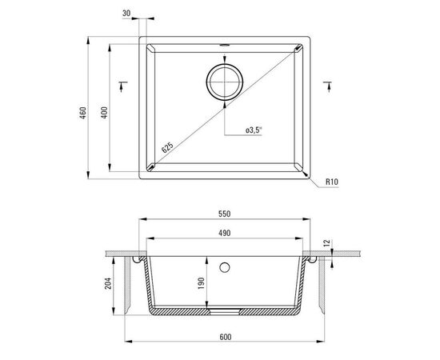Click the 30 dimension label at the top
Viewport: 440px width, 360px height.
[x=126, y=13]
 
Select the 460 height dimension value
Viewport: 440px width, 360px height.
[x=83, y=113]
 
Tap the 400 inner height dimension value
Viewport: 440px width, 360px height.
[x=104, y=113]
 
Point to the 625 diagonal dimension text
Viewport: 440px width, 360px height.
[x=167, y=147]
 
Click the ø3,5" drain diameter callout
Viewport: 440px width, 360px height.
[x=254, y=130]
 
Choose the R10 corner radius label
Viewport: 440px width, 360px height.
[x=332, y=182]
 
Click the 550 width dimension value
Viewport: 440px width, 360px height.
[x=225, y=214]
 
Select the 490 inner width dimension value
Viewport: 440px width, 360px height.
[x=225, y=233]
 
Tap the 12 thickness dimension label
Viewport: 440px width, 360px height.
[x=328, y=244]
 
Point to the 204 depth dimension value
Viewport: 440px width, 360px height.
[x=108, y=283]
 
